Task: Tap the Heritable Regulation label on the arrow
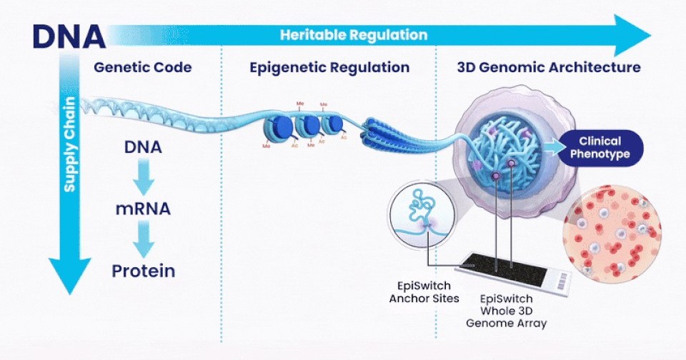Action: tap(353, 34)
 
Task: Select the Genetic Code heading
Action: tap(142, 68)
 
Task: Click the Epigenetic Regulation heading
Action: tap(329, 68)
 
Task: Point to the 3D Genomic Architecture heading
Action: tap(549, 68)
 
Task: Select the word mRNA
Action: tap(143, 210)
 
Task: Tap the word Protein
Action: tap(143, 271)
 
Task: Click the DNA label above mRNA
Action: tap(143, 149)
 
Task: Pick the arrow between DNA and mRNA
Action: tap(143, 179)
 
